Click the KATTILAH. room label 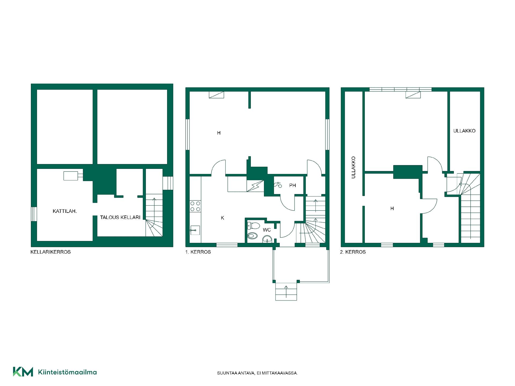point(65,211)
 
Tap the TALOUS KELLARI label point(120,217)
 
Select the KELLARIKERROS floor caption point(51,252)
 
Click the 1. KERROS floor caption point(198,252)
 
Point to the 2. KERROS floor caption point(353,252)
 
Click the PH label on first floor point(292,185)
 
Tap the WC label point(267,230)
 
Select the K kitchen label point(222,218)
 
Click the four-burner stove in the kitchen point(195,206)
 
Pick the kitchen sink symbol point(195,230)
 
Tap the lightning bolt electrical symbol point(255,186)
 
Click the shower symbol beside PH point(278,185)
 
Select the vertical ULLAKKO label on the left point(353,168)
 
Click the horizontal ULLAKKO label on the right point(464,131)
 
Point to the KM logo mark point(23,372)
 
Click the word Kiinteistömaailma point(68,372)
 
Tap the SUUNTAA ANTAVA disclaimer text point(257,373)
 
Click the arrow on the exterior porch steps point(286,292)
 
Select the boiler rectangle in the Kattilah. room point(71,176)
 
